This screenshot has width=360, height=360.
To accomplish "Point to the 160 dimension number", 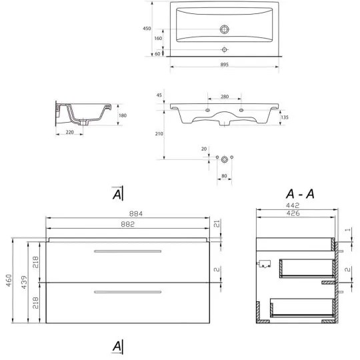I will [x=158, y=39].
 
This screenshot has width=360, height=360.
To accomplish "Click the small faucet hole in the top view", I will [x=225, y=50].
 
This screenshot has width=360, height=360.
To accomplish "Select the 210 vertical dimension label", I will [x=158, y=134].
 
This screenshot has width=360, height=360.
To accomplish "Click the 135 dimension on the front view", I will [x=284, y=117].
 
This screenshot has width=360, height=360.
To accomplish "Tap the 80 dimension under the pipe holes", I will [x=225, y=177].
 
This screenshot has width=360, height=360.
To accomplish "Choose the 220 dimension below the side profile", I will [x=69, y=133].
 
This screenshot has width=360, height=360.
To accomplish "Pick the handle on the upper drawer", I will [x=128, y=251].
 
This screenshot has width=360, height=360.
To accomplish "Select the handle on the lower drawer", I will [x=128, y=291].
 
